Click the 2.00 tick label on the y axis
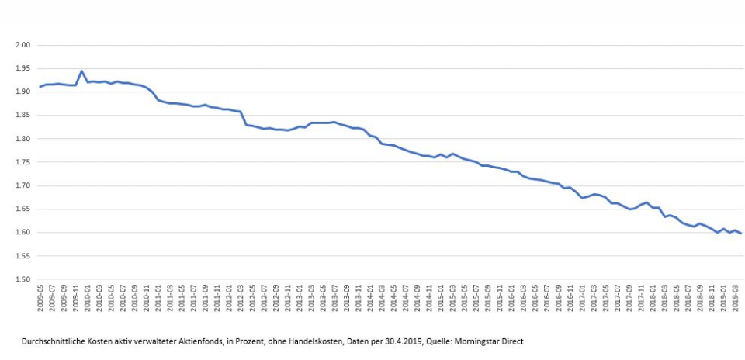(22, 45)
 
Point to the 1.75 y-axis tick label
(22, 162)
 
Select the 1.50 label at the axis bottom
(22, 279)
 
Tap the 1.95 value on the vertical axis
(22, 68)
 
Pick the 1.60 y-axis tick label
(22, 233)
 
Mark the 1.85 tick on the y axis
(22, 116)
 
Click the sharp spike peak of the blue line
(81, 71)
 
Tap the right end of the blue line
(740, 234)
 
